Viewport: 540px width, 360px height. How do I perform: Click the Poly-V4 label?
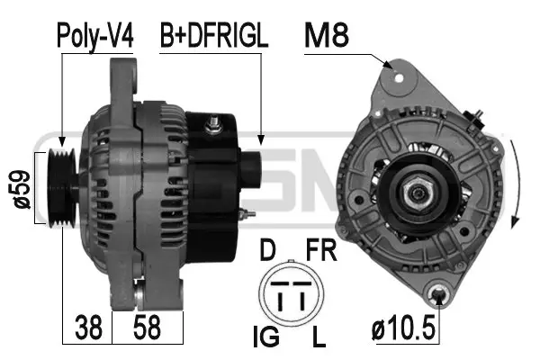[94, 36]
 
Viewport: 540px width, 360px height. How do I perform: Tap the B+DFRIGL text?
[214, 35]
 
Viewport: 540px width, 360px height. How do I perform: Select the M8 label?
[327, 35]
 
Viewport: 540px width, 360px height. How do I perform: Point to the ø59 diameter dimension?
[22, 189]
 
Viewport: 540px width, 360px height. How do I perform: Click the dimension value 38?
[88, 328]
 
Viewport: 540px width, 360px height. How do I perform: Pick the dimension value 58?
[147, 328]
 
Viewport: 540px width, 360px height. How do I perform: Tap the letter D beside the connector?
[267, 250]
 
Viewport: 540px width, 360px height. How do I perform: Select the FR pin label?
[321, 250]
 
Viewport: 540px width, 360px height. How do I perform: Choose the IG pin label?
[265, 337]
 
